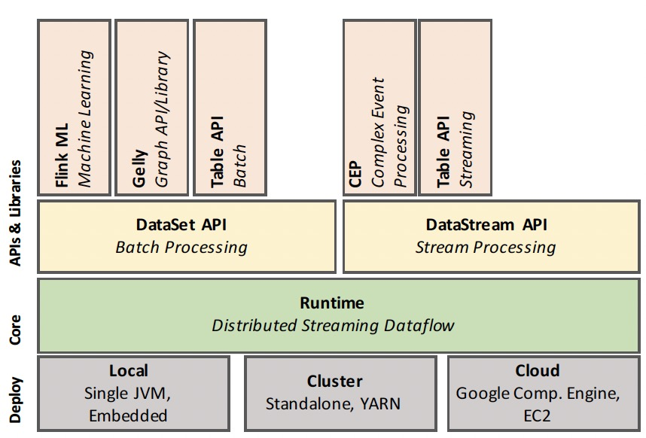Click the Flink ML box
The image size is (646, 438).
[x=74, y=108]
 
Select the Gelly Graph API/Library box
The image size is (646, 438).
[x=151, y=108]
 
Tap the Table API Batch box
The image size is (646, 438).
[x=230, y=108]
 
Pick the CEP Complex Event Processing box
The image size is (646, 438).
[x=379, y=108]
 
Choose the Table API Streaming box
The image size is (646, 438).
[x=455, y=108]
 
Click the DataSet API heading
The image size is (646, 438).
[x=181, y=224]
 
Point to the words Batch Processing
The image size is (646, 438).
[x=181, y=247]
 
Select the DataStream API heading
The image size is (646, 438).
[x=486, y=224]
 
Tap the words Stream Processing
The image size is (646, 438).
[x=486, y=247]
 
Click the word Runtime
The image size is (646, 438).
[x=332, y=303]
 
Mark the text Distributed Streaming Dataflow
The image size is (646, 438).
[x=333, y=325]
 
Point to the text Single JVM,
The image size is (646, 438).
[x=128, y=393]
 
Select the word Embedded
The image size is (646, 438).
[x=128, y=415]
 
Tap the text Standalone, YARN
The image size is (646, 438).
[x=333, y=403]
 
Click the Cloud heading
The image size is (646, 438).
[x=538, y=370]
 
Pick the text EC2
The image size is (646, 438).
[x=538, y=415]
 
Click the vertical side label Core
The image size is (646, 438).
[x=16, y=328]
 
